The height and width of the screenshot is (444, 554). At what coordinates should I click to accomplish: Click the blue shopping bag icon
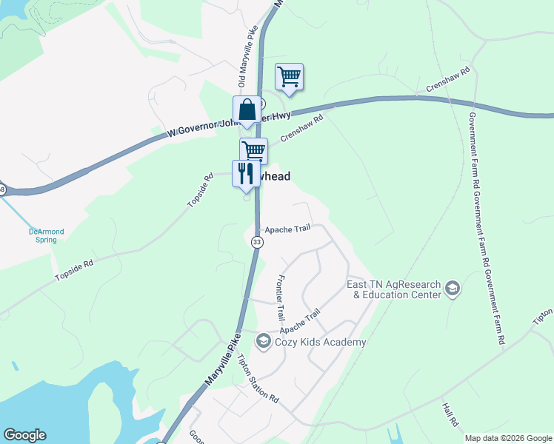pos(247,110)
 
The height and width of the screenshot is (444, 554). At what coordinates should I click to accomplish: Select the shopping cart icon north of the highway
pos(289,76)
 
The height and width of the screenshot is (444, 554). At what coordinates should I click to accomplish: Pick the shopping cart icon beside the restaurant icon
pos(253,150)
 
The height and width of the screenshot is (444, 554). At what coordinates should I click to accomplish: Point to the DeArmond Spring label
pos(46,235)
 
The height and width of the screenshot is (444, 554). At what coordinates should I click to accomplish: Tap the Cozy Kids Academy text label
pos(321,342)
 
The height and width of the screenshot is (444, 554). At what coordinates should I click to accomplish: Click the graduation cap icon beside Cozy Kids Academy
pos(262,341)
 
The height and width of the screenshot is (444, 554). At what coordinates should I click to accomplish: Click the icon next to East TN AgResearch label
pos(453,289)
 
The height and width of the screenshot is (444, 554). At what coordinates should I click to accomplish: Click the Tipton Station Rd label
pos(258,378)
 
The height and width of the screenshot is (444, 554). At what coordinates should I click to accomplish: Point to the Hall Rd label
pos(450,414)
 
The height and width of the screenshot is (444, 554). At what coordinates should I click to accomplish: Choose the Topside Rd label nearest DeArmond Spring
pos(74,270)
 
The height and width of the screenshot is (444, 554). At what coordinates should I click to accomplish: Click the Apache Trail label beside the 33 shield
pos(293,230)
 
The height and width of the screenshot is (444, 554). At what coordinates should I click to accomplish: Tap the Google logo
pos(24,435)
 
